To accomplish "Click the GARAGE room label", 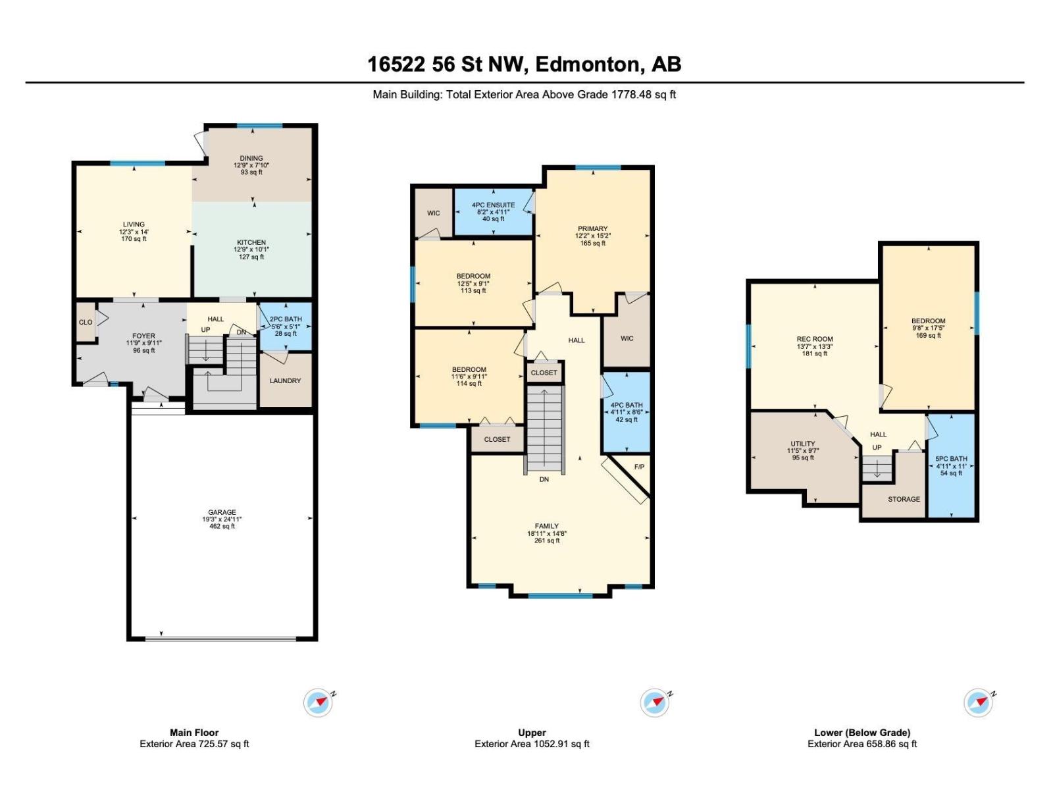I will click(x=222, y=512).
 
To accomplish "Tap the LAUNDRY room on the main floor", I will click(x=285, y=381).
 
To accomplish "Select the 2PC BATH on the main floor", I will click(x=286, y=325).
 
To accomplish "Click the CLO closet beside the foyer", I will click(x=86, y=323).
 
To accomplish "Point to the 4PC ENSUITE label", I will click(x=493, y=205).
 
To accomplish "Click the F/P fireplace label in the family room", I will click(x=639, y=467).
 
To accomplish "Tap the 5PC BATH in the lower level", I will click(x=951, y=465).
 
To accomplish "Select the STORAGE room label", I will click(x=904, y=499).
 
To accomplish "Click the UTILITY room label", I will click(x=802, y=444).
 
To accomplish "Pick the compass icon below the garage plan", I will click(x=318, y=703).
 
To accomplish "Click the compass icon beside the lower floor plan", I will click(x=978, y=703).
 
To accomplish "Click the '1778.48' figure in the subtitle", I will click(x=631, y=94).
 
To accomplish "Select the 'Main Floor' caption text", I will click(x=194, y=732).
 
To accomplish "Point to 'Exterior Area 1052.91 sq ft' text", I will click(x=532, y=744).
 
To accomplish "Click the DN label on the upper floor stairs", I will click(x=544, y=479).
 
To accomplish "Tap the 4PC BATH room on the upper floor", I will click(x=626, y=411).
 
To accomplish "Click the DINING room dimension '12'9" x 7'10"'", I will click(x=251, y=165).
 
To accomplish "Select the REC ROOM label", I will click(x=814, y=340).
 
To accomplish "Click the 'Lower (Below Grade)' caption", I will click(x=861, y=732).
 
